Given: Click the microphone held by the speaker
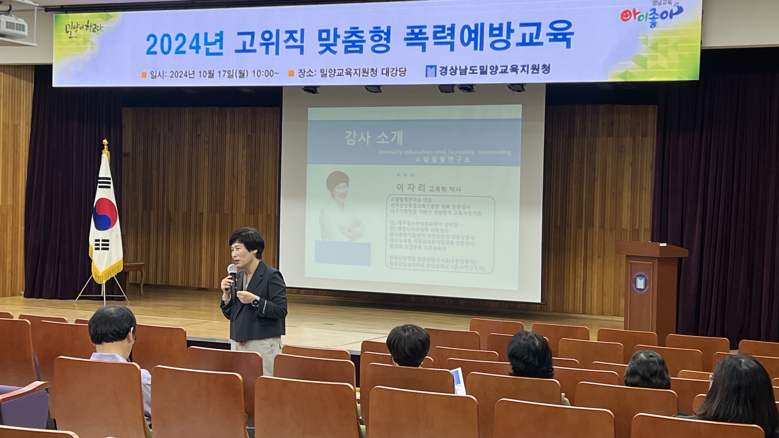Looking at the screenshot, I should coord(232,272).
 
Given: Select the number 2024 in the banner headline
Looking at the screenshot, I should coord(184,44).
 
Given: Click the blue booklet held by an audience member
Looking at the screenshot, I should coord(458,381).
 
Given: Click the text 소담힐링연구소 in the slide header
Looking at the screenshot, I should coord(443,160).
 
